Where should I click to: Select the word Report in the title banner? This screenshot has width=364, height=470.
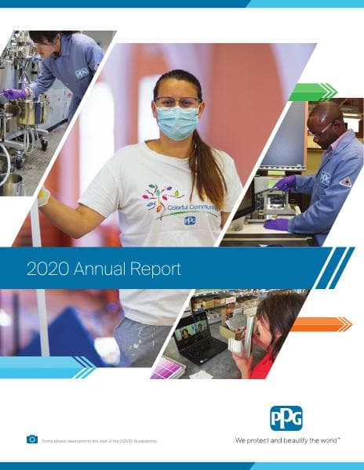coord(154,269)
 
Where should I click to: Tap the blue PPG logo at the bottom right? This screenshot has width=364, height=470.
coord(286,418)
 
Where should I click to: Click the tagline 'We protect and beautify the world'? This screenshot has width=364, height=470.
coord(287,440)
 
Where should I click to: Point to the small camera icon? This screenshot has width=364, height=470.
coord(32,440)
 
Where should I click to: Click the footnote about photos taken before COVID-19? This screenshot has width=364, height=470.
coord(100,442)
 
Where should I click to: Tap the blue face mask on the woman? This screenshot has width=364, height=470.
coord(178,122)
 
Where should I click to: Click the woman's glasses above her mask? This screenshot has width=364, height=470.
coord(177,101)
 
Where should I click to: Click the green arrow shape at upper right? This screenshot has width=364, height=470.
coord(312,92)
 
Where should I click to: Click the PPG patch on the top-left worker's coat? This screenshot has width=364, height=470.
coord(81,73)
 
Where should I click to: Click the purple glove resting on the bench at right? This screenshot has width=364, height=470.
coord(276,224)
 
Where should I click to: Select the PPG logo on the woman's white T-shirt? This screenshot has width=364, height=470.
coord(190,221)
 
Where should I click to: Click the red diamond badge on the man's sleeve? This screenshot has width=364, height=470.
coord(346,181)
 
